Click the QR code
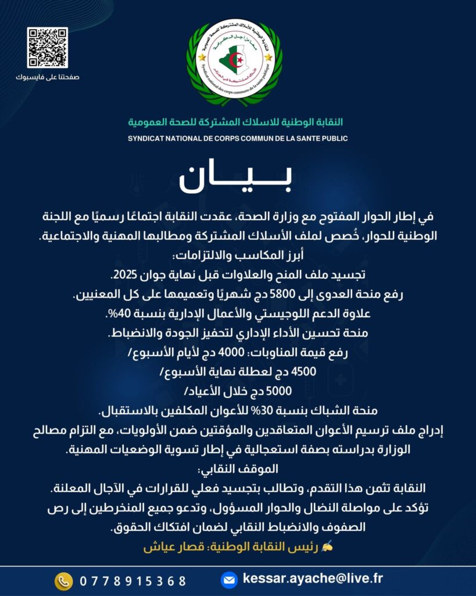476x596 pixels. click(47, 48)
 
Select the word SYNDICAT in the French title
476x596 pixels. click(149, 139)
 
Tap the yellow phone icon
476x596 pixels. click(63, 580)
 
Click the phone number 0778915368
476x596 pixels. click(133, 581)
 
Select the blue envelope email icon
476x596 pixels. click(229, 580)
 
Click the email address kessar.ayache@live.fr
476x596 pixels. click(313, 579)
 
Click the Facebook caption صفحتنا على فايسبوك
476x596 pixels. click(48, 77)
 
